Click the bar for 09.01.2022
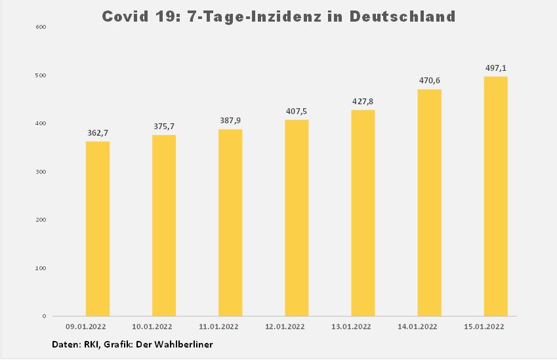click(x=98, y=229)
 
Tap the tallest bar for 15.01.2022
click(x=495, y=196)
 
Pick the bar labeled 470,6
click(x=429, y=203)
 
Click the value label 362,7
click(x=98, y=133)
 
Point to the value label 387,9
click(x=230, y=121)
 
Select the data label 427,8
click(x=363, y=102)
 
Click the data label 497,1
click(x=495, y=68)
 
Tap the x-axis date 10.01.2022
click(x=153, y=326)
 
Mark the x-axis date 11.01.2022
click(x=219, y=326)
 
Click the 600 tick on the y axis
click(x=41, y=27)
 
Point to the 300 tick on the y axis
click(x=41, y=172)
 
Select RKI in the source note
click(x=85, y=344)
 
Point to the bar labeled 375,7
click(x=164, y=226)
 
